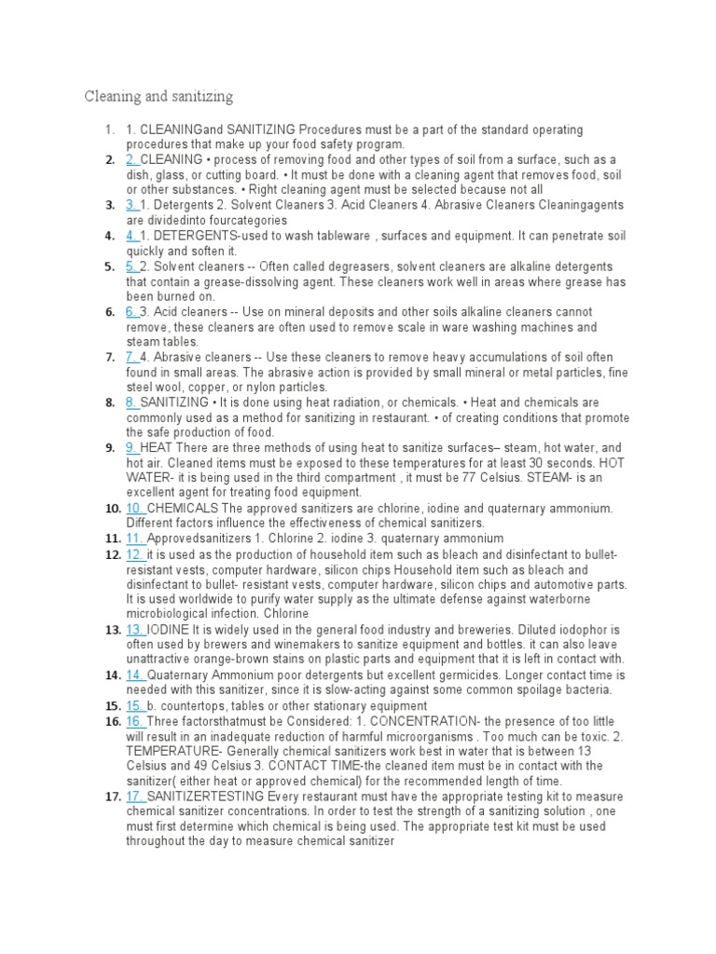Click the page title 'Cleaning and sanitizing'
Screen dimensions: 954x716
pyautogui.click(x=158, y=97)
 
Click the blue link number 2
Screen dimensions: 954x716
pyautogui.click(x=131, y=160)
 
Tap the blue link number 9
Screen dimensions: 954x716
pyautogui.click(x=131, y=448)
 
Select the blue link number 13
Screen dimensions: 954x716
pyautogui.click(x=134, y=630)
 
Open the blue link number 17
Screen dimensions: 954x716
pyautogui.click(x=134, y=797)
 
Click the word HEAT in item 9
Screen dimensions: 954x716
pyautogui.click(x=158, y=448)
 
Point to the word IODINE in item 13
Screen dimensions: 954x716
pyautogui.click(x=170, y=630)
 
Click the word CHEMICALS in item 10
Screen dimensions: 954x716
pyautogui.click(x=183, y=509)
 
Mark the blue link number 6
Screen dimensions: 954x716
pyautogui.click(x=131, y=312)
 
